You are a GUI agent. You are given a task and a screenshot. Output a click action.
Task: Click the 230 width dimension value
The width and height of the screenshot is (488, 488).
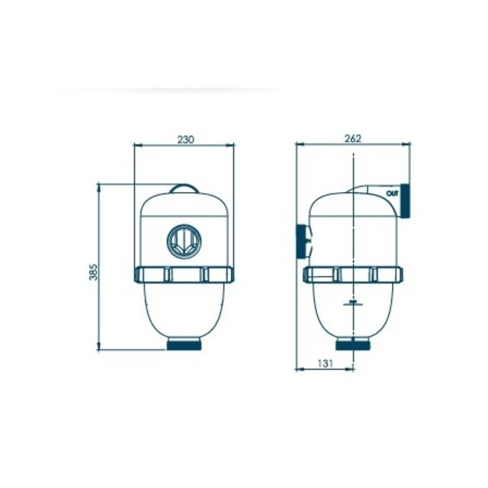[185, 139]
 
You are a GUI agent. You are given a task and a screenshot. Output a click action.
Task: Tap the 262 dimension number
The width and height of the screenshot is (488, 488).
[352, 138]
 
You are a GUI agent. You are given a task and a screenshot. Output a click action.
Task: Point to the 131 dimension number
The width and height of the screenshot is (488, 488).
[325, 364]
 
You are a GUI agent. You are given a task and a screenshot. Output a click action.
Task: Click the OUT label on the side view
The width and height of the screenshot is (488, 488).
[392, 194]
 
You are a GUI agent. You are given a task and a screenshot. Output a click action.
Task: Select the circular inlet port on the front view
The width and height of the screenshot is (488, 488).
[184, 241]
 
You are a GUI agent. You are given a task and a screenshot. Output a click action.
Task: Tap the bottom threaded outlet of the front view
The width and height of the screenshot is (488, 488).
[184, 345]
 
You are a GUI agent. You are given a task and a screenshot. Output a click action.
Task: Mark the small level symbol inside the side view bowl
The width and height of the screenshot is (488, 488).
[353, 303]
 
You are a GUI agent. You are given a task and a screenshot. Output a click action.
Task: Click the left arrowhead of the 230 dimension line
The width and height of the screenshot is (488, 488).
[136, 145]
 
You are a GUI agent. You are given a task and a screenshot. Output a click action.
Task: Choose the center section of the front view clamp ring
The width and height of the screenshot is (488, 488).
[184, 274]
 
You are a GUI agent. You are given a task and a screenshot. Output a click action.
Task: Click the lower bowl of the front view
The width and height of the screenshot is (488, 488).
[184, 309]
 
